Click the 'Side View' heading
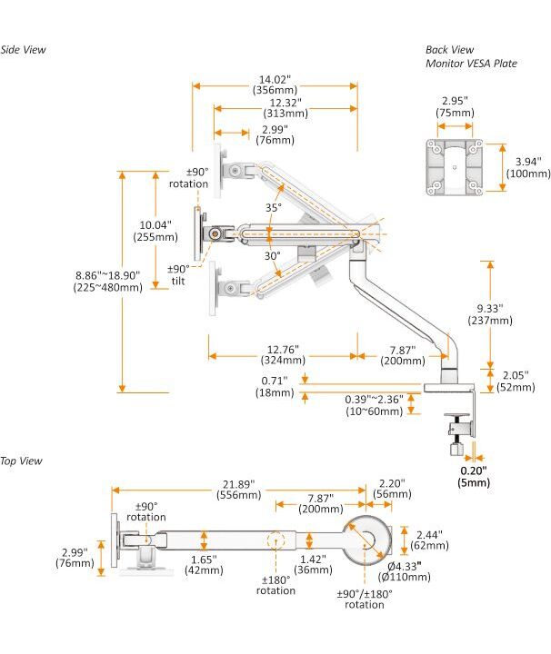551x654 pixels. (24, 50)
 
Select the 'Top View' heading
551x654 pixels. (22, 461)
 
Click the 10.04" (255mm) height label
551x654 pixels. (155, 231)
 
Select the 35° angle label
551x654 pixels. (274, 208)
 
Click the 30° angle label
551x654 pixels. (272, 256)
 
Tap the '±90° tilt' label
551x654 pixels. (178, 274)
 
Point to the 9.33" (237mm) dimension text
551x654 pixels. (490, 314)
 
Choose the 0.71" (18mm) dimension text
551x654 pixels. (274, 386)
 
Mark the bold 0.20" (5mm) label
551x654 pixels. (473, 476)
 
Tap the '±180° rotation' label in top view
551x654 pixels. (275, 585)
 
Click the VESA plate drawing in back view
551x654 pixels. (452, 166)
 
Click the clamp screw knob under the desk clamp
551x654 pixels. (456, 447)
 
